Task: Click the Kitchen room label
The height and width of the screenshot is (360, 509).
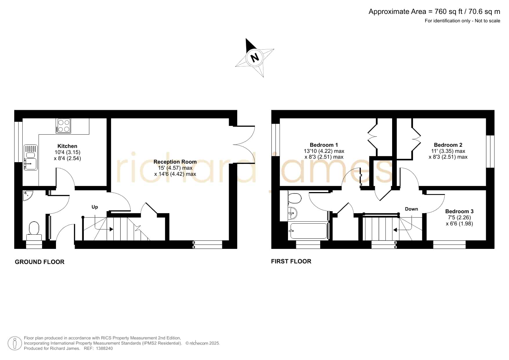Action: [x=67, y=146]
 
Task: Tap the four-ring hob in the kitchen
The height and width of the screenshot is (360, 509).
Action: [x=64, y=126]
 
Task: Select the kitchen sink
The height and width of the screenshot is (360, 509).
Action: [x=30, y=158]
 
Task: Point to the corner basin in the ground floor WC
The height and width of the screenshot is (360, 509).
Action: [x=28, y=195]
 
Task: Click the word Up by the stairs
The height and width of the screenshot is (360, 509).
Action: [x=95, y=207]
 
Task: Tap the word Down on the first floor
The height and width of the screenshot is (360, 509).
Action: [x=412, y=209]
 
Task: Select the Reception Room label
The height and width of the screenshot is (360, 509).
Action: [x=175, y=162]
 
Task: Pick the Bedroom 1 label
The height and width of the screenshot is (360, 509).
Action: [x=324, y=145]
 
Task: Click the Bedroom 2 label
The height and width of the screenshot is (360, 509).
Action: [x=448, y=145]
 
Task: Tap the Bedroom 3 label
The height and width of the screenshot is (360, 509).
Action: [x=459, y=211]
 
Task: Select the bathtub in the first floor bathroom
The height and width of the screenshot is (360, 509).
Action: [x=308, y=231]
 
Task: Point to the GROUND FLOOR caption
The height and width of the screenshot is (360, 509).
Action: [x=39, y=262]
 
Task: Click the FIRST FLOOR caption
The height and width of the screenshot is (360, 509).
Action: [x=291, y=261]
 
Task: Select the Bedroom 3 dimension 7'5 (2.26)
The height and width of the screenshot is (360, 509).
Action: [x=459, y=217]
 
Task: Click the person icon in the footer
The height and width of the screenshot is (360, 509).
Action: [x=15, y=343]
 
